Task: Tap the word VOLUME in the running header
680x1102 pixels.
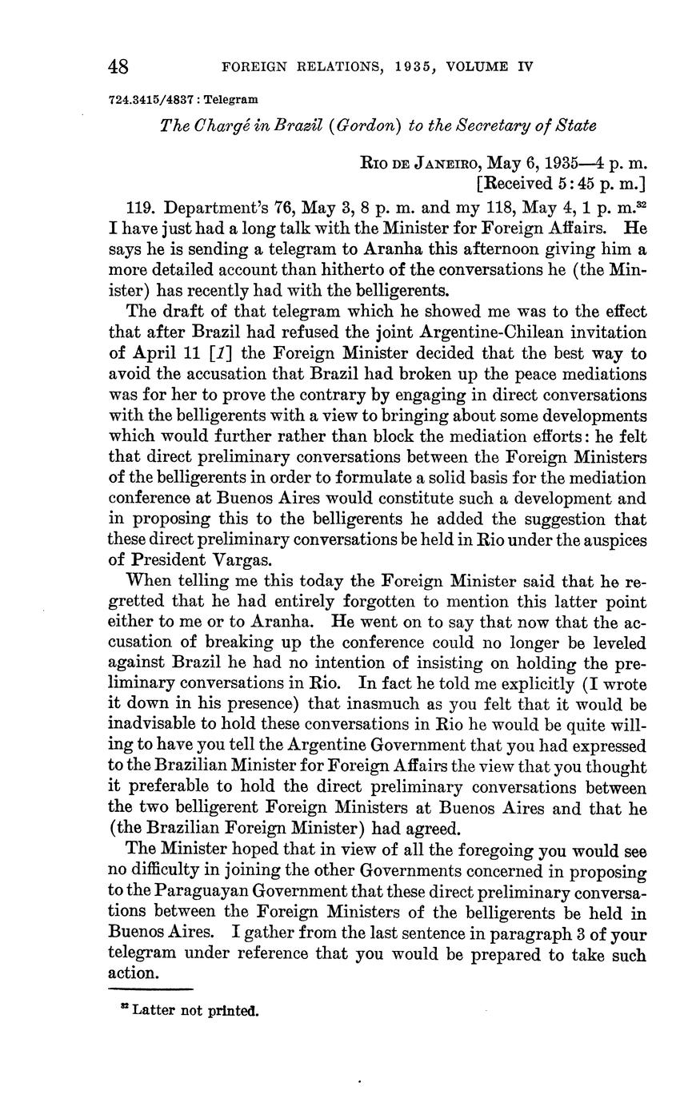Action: (x=466, y=67)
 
